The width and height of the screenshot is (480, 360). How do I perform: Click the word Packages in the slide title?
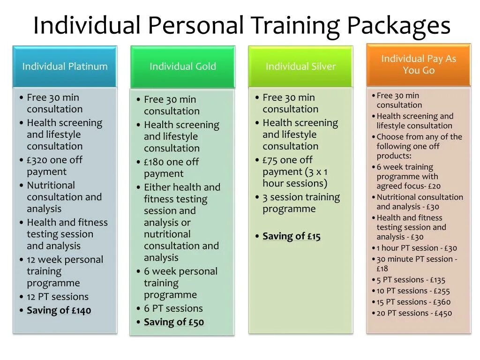point(398,25)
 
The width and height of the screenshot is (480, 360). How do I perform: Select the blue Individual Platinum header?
point(65,67)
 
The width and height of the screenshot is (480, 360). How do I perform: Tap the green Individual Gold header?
point(183,67)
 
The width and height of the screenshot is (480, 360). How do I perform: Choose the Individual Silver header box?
point(300,67)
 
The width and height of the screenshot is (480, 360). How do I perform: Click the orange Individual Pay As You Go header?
point(418,64)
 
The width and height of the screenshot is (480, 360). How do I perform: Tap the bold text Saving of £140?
point(59,310)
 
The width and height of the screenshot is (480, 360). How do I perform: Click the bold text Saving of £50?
point(174,322)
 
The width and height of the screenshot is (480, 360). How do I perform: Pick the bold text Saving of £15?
point(292,236)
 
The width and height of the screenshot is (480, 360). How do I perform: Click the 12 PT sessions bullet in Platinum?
point(58,297)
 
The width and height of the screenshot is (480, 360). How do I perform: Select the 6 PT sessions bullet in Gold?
point(173,308)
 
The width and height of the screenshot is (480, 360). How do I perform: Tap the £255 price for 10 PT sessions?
point(441,291)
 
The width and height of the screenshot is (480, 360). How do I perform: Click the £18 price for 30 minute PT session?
point(382,269)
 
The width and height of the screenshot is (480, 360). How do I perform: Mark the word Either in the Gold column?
point(157,187)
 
